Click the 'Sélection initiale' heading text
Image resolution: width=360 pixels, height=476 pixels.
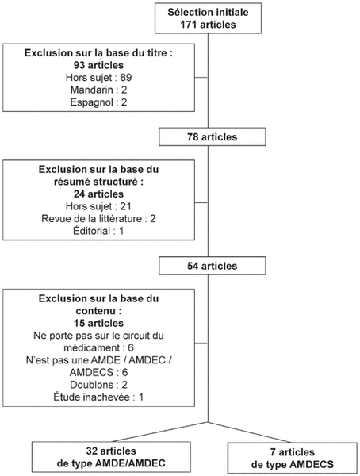(208, 12)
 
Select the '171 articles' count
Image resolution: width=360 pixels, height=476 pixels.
(208, 25)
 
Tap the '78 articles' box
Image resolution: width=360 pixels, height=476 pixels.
(213, 137)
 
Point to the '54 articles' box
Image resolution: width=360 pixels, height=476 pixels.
(213, 266)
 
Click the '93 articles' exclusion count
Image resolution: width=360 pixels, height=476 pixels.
(98, 65)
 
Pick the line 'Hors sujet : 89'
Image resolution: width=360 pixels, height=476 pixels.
(98, 78)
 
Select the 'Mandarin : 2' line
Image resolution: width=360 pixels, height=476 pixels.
(98, 90)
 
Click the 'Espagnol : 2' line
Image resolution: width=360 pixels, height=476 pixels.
(98, 102)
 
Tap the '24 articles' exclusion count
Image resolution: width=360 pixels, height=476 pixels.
(98, 194)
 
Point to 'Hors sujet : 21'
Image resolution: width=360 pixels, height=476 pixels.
(98, 206)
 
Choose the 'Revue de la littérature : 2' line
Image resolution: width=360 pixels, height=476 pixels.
(98, 219)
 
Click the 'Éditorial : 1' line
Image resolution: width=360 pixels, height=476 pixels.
(98, 231)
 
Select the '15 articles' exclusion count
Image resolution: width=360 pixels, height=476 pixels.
(98, 323)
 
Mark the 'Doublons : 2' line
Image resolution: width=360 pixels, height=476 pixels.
(98, 385)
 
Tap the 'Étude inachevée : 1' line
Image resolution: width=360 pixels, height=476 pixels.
(98, 397)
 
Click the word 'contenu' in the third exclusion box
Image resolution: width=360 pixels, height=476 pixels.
(96, 311)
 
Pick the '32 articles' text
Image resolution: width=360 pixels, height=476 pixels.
(111, 451)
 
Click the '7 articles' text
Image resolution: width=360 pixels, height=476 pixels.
(293, 452)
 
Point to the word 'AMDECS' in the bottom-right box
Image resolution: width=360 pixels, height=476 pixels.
(312, 464)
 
